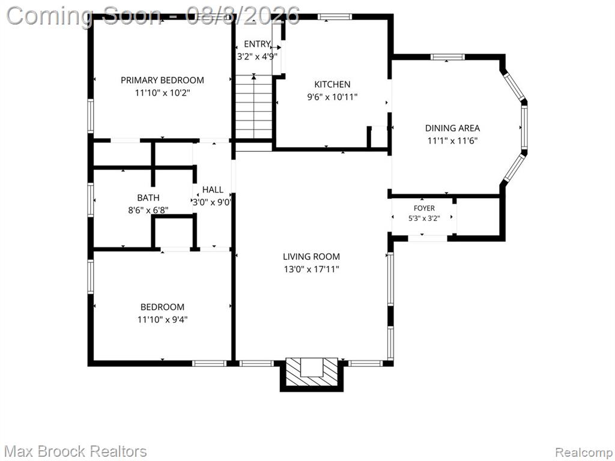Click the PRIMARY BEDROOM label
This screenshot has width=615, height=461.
162,80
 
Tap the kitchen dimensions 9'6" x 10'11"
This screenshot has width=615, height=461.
332,97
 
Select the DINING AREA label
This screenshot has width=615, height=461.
452,128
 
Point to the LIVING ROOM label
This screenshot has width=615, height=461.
312,257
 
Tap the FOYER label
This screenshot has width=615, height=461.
424,208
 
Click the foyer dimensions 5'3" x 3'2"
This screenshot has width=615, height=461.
424,218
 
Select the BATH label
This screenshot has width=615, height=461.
148,197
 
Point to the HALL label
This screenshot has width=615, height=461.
213,190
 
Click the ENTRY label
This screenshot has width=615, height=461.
257,44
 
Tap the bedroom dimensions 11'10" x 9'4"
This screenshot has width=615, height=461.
162,319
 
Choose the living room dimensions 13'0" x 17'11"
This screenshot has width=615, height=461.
312,270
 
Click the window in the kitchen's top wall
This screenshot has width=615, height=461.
334,16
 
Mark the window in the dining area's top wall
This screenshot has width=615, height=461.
447,57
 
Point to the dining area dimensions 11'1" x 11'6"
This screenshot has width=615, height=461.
452,140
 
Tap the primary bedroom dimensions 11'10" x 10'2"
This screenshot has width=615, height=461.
162,93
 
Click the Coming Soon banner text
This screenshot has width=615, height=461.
153,16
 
